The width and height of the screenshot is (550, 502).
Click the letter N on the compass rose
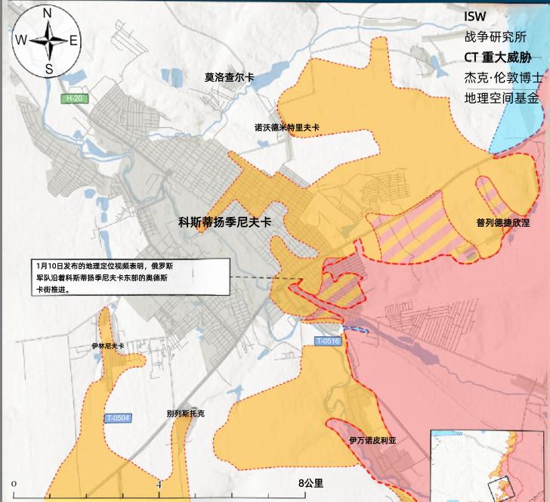[x=48, y=13]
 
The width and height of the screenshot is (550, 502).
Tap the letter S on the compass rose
[x=48, y=70]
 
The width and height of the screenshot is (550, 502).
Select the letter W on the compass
[x=21, y=41]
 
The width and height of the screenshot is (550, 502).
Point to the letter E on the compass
[x=73, y=41]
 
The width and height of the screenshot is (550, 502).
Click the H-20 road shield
[x=73, y=99]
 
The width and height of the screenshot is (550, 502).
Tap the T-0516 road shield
[x=329, y=342]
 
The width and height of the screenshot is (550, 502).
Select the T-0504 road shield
[x=118, y=417]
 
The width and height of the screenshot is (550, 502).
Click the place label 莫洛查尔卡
[x=229, y=77]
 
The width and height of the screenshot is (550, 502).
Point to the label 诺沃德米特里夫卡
[x=286, y=128]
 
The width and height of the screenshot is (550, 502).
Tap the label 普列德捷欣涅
[x=502, y=223]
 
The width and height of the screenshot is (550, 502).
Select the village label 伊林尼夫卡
[x=107, y=346]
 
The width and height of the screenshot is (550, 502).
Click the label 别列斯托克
[x=185, y=414]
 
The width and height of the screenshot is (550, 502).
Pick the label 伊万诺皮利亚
[x=372, y=440]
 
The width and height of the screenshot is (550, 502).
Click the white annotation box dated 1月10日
[x=131, y=277]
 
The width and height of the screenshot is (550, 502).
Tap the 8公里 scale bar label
[x=310, y=483]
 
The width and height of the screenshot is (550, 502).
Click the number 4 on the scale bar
[x=159, y=483]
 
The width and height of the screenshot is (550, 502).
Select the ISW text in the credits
[x=475, y=17]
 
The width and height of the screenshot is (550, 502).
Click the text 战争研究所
[x=494, y=36]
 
